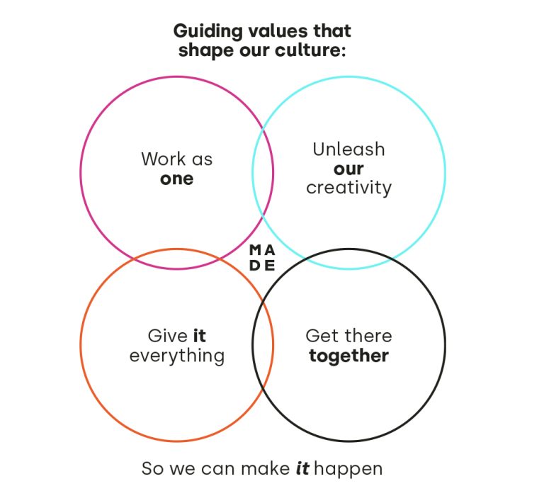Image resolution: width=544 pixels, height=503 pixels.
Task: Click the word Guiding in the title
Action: pyautogui.click(x=208, y=32)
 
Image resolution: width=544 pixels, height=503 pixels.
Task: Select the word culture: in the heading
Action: pyautogui.click(x=310, y=50)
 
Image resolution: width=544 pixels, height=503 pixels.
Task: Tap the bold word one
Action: pyautogui.click(x=177, y=179)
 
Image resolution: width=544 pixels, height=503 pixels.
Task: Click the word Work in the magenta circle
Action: pyautogui.click(x=164, y=159)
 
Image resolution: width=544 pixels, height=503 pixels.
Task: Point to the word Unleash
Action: pyautogui.click(x=348, y=149)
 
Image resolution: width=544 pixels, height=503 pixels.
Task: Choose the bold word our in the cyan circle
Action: pyautogui.click(x=348, y=169)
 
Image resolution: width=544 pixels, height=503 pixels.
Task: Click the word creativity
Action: pyautogui.click(x=348, y=188)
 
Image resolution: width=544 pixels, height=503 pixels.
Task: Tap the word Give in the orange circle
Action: pyautogui.click(x=168, y=336)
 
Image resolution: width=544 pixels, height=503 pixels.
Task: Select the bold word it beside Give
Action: pyautogui.click(x=200, y=336)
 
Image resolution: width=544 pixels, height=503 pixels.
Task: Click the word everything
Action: pyautogui.click(x=177, y=356)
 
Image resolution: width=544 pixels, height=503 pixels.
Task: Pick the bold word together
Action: pyautogui.click(x=348, y=356)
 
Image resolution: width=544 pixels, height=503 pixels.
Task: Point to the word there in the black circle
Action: pyautogui.click(x=368, y=336)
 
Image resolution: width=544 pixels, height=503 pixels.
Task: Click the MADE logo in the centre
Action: pyautogui.click(x=262, y=258)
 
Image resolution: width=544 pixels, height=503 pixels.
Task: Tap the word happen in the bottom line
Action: pyautogui.click(x=348, y=469)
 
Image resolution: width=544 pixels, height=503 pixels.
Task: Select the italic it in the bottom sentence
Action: pyautogui.click(x=302, y=468)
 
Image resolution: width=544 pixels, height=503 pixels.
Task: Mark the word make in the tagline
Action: pyautogui.click(x=266, y=468)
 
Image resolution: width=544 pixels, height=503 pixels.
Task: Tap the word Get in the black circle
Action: pyautogui.click(x=323, y=336)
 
